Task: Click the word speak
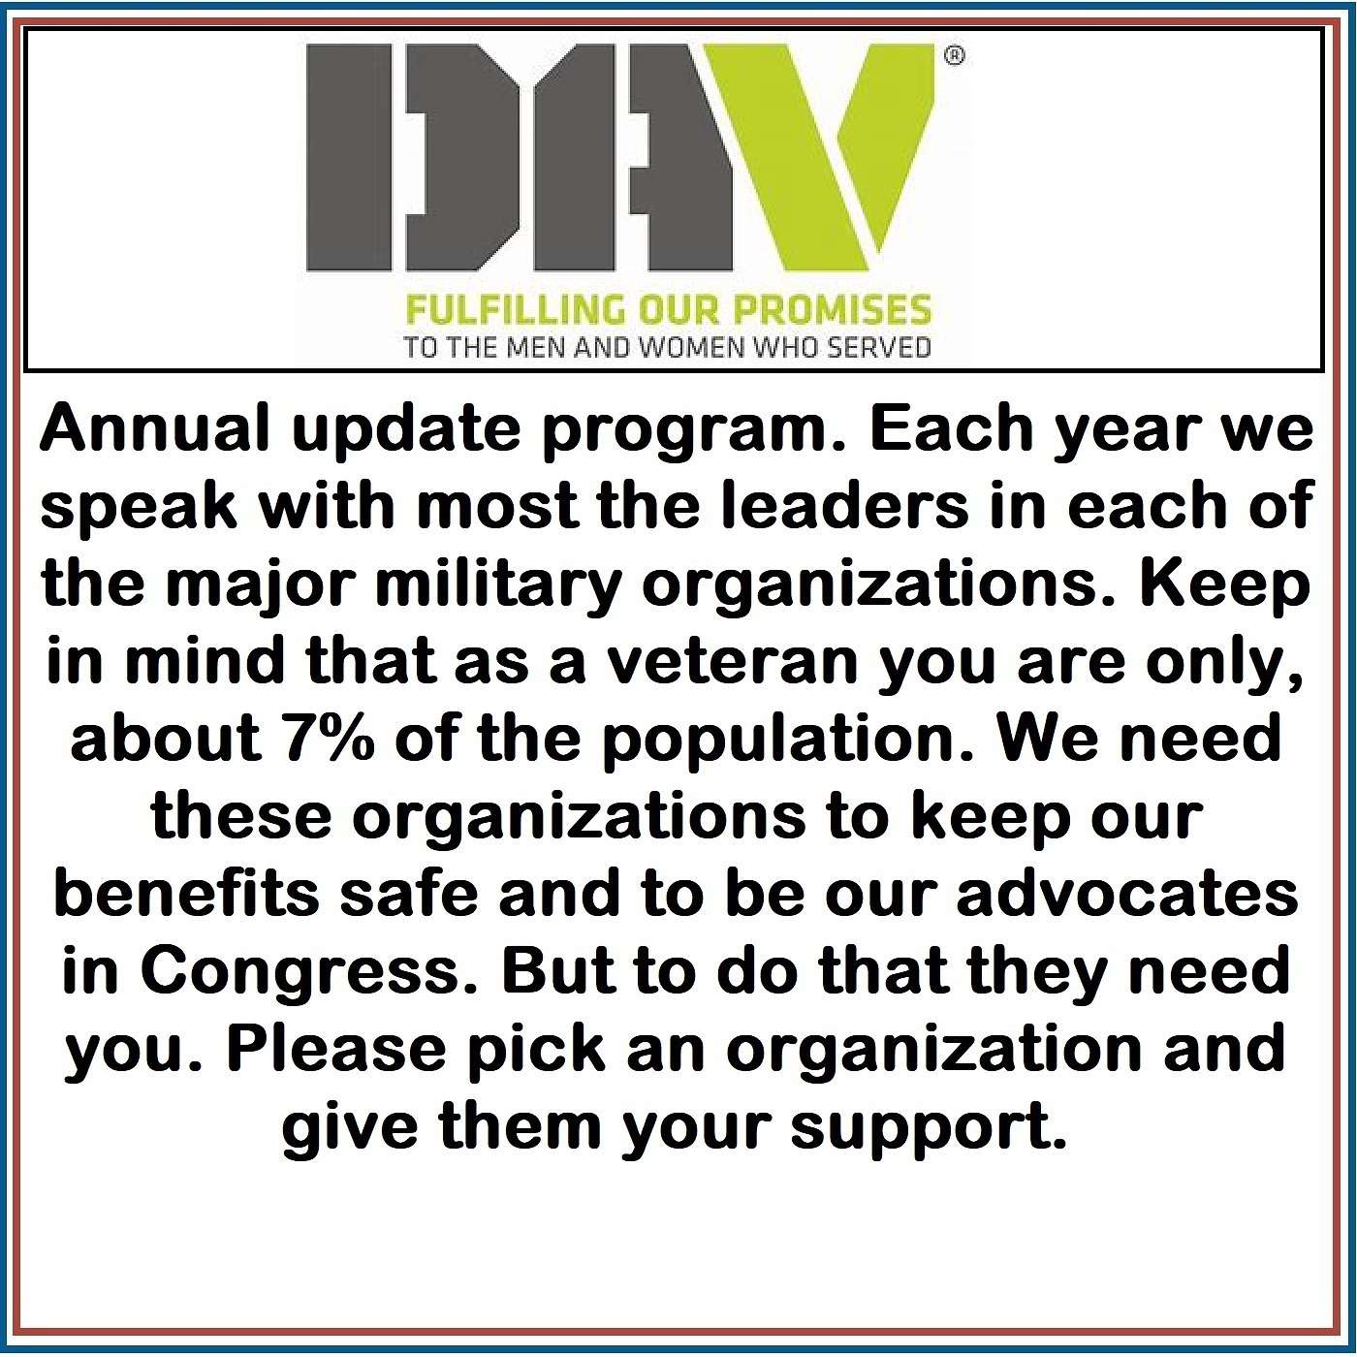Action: point(139,508)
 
